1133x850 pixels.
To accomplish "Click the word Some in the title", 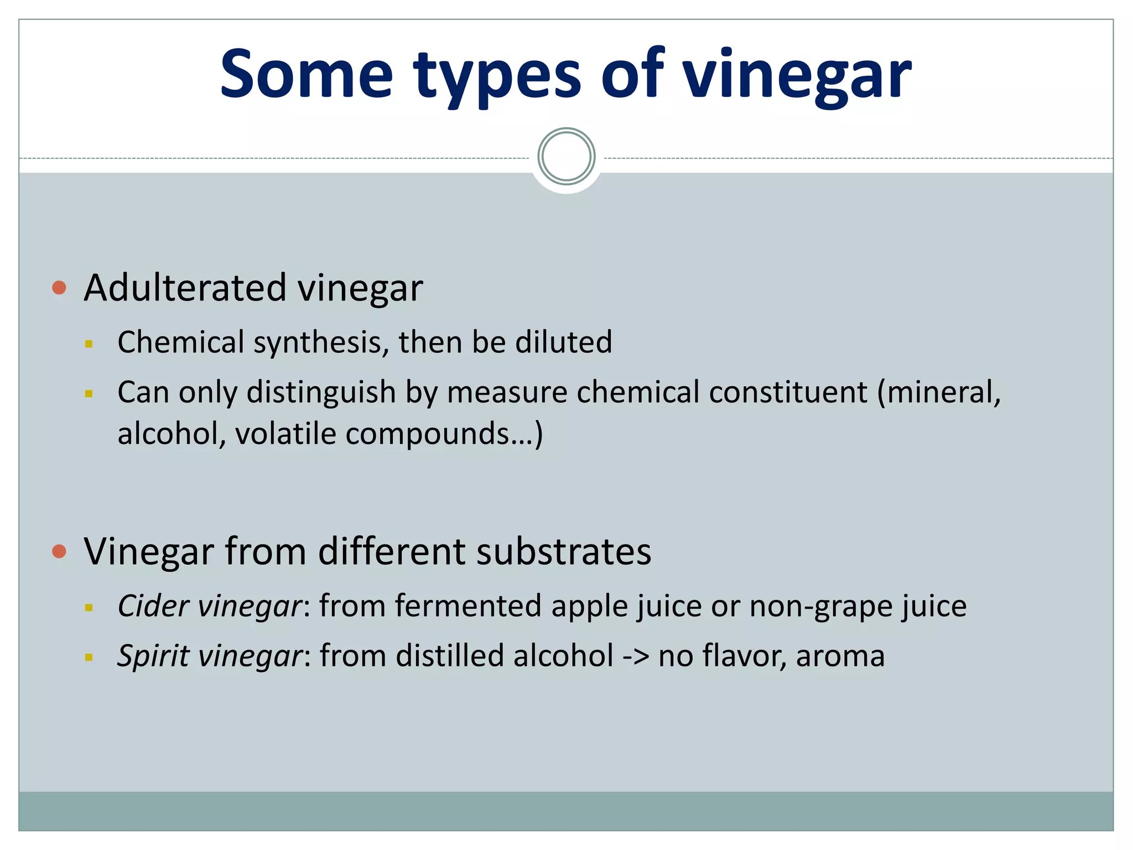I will [x=306, y=74].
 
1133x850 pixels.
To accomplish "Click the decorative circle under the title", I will [x=566, y=157].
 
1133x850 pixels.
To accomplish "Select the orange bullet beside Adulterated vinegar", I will [x=59, y=288].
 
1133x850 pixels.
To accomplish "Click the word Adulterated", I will [x=185, y=288].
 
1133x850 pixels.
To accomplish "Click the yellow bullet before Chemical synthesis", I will [x=89, y=344].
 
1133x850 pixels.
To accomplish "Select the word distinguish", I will [x=321, y=393].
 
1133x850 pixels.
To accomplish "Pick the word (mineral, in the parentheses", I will [x=939, y=393].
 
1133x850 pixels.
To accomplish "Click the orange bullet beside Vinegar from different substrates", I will [x=59, y=551].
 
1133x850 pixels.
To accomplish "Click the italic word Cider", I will [x=153, y=606].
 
